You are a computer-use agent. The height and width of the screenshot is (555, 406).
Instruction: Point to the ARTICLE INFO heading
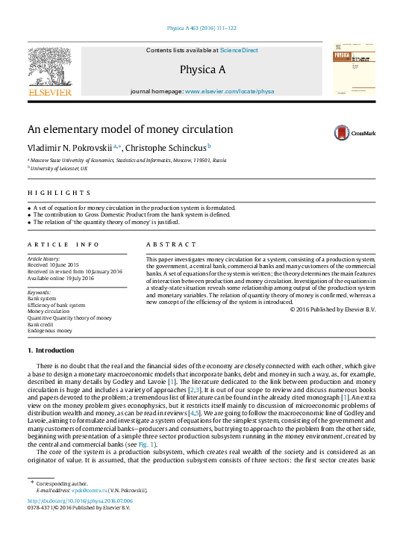coord(63,244)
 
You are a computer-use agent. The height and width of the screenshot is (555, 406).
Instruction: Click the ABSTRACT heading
coord(166,244)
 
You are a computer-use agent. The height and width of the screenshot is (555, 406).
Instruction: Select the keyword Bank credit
coord(41,323)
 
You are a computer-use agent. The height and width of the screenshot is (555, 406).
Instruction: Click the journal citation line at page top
coord(201,28)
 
